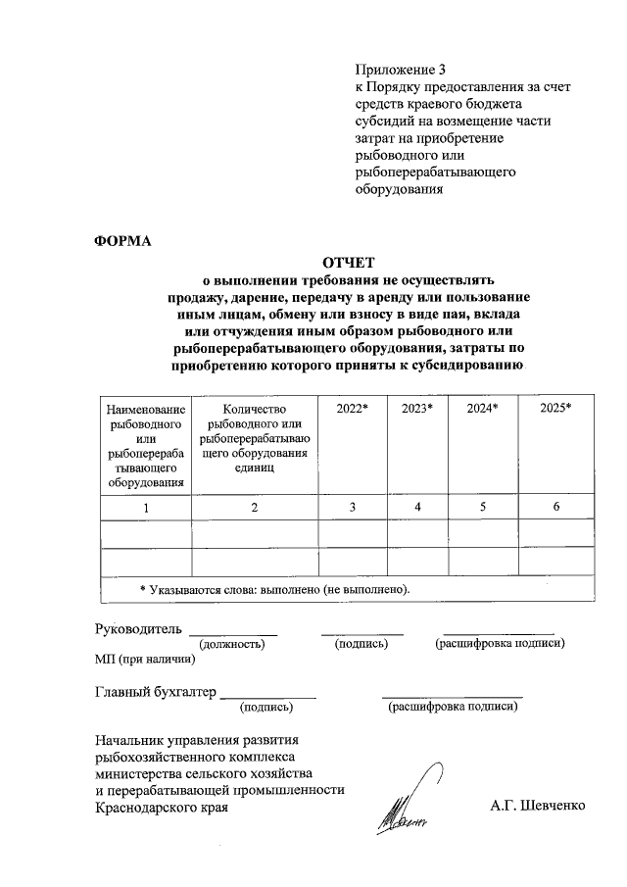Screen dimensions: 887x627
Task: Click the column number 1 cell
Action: [146, 507]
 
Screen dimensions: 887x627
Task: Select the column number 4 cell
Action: [417, 507]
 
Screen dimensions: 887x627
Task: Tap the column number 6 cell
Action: [555, 507]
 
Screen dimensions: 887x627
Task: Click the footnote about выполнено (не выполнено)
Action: [274, 589]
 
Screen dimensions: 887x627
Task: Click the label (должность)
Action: [232, 644]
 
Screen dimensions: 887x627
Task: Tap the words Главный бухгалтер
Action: [155, 691]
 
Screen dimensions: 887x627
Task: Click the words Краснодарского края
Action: [161, 808]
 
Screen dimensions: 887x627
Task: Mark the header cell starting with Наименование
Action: [146, 445]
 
